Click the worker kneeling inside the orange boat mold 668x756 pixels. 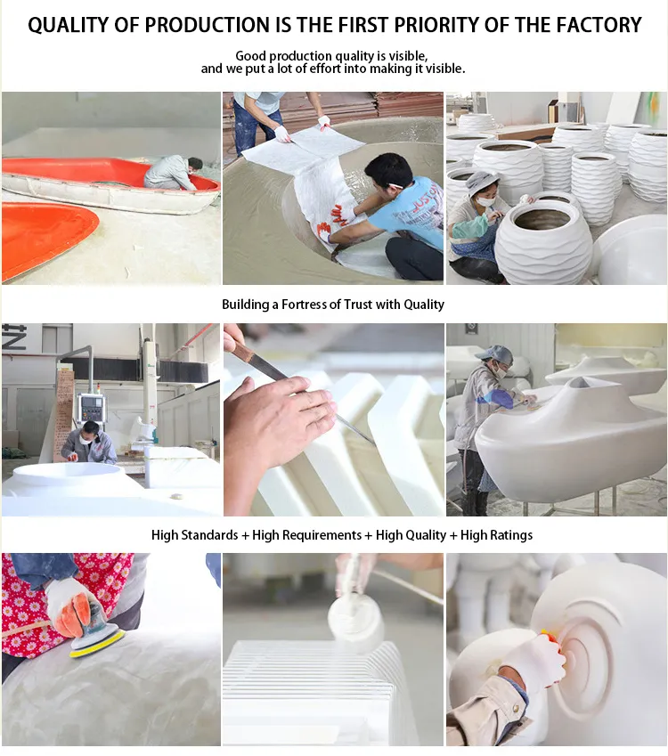(x=173, y=174)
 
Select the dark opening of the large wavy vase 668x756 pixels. (x=542, y=220)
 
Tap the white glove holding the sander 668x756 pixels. (x=73, y=606)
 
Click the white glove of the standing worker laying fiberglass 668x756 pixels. (x=282, y=135)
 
